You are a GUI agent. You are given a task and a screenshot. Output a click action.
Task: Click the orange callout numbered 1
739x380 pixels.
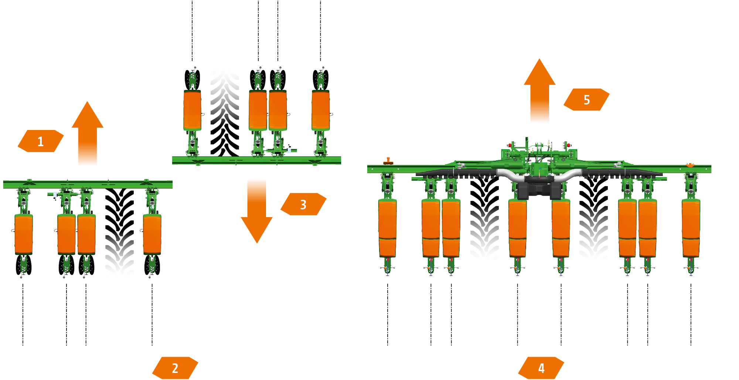(x=41, y=141)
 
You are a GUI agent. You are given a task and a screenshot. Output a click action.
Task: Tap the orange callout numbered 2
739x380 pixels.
(x=175, y=368)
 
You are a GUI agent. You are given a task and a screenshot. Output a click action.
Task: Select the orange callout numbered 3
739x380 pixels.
(x=303, y=204)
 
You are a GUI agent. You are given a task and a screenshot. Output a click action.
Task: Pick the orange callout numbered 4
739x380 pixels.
(x=541, y=368)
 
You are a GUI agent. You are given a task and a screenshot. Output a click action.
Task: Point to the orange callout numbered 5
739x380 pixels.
(x=586, y=100)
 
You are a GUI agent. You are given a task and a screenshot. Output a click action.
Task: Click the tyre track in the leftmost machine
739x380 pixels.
(x=119, y=233)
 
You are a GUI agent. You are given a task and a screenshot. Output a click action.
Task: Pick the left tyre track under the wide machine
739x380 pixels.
(x=484, y=220)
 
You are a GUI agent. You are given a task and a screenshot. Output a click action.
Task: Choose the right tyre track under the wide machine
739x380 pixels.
(x=593, y=220)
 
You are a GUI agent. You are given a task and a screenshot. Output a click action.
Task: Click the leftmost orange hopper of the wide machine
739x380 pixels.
(x=387, y=227)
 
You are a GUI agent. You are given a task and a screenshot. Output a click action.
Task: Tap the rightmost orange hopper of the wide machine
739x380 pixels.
(x=691, y=227)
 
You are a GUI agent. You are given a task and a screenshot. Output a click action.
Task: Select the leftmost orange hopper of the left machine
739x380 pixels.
(x=24, y=234)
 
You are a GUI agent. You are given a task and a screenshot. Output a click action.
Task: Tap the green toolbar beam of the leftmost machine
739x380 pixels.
(x=88, y=184)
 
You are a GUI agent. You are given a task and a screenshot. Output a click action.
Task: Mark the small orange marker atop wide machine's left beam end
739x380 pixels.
(x=388, y=161)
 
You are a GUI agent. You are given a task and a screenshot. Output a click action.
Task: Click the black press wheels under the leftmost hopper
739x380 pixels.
(x=24, y=265)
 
